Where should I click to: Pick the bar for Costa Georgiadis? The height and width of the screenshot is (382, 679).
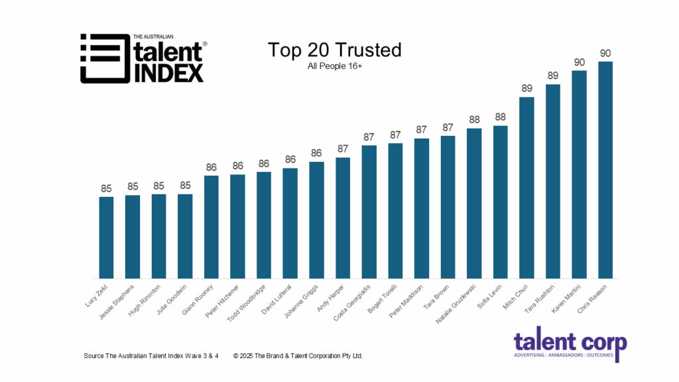click(369, 212)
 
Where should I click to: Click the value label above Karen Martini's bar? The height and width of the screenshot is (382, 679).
click(579, 62)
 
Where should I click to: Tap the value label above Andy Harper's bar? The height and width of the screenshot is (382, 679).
click(343, 149)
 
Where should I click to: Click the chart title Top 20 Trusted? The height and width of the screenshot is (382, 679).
click(335, 50)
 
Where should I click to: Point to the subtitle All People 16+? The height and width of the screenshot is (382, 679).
click(335, 66)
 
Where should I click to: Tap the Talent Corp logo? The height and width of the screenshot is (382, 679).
click(570, 347)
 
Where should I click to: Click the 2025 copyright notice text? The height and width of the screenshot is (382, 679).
click(298, 356)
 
